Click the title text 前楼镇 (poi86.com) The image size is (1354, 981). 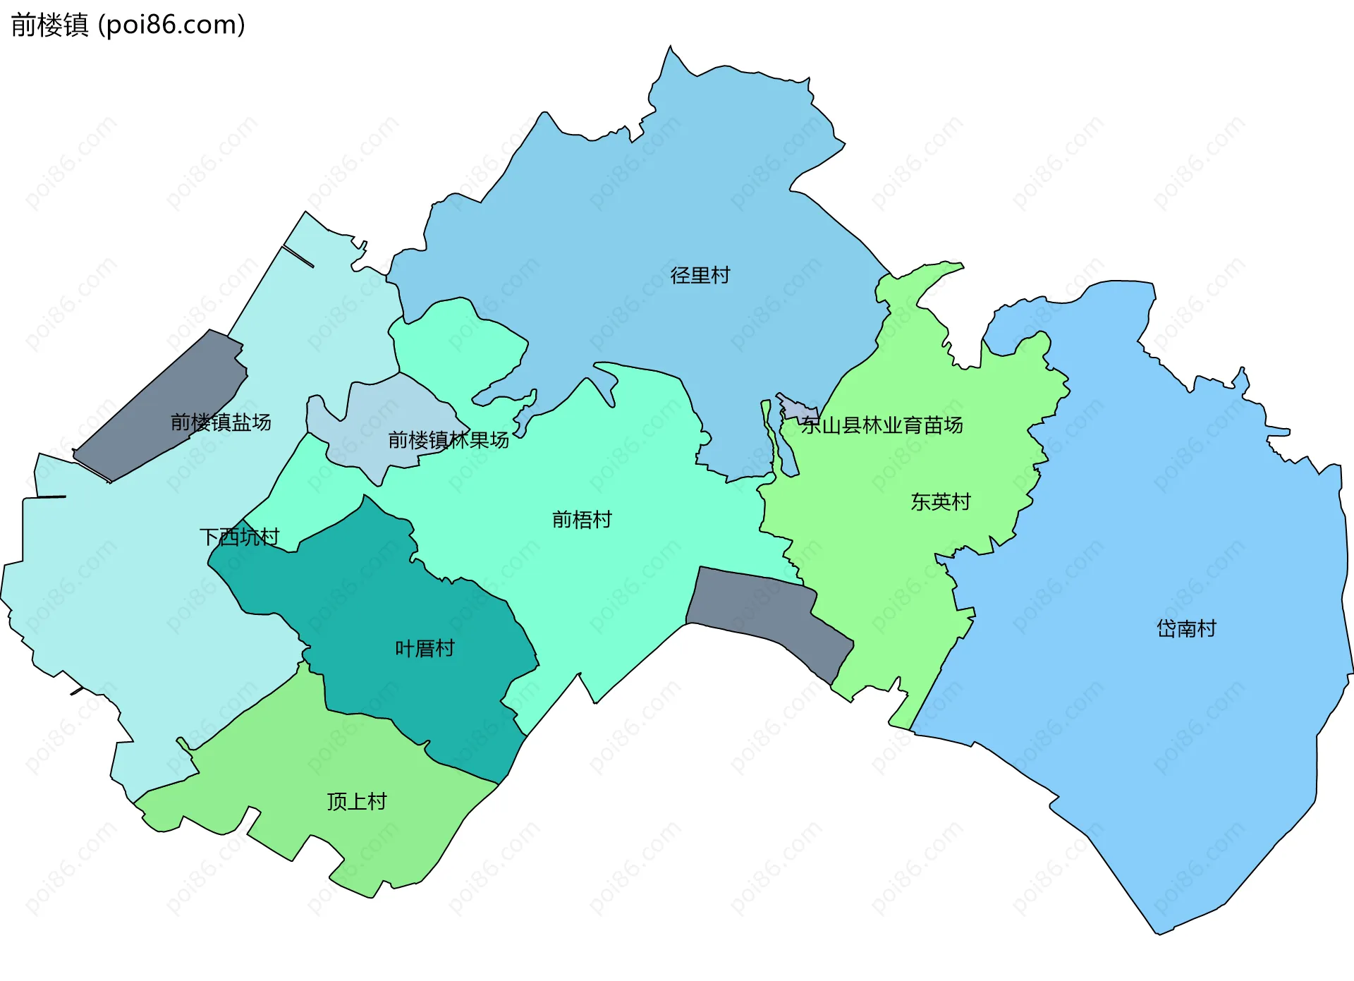pos(128,25)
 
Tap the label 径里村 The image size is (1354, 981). pos(700,275)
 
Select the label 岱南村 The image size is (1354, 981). pos(1186,628)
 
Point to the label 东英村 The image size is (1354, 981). pos(940,501)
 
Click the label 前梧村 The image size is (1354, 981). pos(581,520)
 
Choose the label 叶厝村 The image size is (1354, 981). pos(424,648)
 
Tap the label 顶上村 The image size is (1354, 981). pos(356,801)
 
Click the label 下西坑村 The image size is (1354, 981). pos(239,537)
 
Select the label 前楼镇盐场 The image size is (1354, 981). pos(221,422)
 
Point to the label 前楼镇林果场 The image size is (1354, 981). pos(448,440)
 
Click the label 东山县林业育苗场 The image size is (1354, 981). pos(882,425)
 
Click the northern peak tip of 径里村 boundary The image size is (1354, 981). pos(670,47)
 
